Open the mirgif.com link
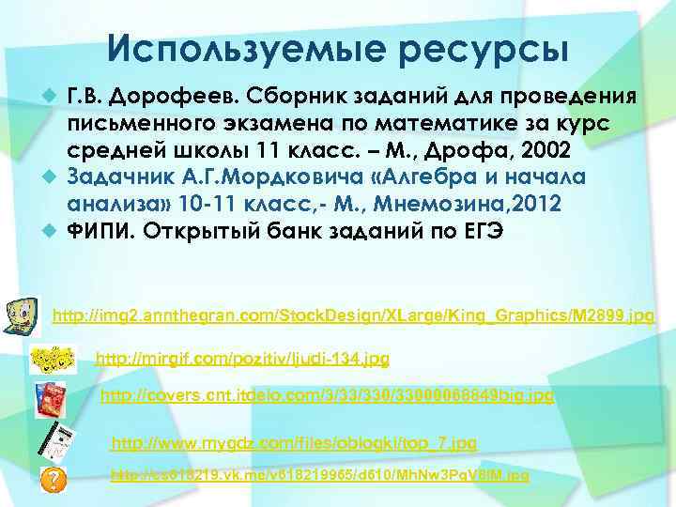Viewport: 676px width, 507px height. point(243,358)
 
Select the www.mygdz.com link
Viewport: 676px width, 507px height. point(294,441)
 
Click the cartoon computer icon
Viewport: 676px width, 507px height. point(23,313)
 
